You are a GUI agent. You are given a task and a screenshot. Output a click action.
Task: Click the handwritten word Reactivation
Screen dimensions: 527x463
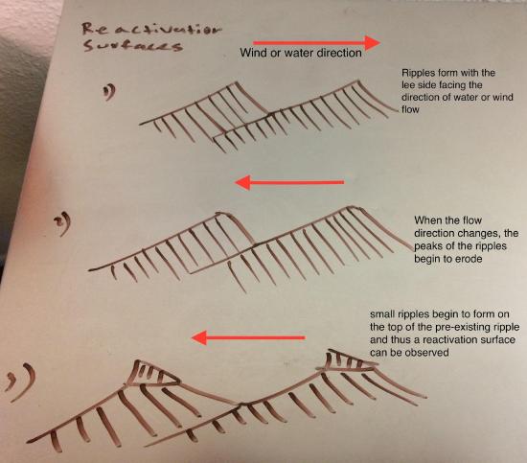click(152, 30)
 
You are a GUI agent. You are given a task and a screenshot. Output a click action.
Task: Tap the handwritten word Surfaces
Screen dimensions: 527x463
click(133, 45)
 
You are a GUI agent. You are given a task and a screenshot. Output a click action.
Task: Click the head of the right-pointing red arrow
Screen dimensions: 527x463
click(373, 42)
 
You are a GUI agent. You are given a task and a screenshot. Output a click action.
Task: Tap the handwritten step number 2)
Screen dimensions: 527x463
click(63, 223)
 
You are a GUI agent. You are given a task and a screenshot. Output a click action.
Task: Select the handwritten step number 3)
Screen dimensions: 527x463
click(20, 382)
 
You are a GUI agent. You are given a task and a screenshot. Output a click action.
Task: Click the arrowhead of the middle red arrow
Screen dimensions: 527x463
click(242, 182)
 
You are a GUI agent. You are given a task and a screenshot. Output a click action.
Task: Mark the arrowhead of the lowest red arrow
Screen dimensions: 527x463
click(199, 337)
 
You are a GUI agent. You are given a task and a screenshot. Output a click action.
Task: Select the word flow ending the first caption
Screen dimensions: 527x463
click(410, 109)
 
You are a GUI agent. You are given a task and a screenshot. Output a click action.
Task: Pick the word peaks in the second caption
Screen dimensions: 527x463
click(427, 246)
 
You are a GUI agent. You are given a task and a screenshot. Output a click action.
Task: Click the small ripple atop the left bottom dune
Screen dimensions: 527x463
click(153, 374)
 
